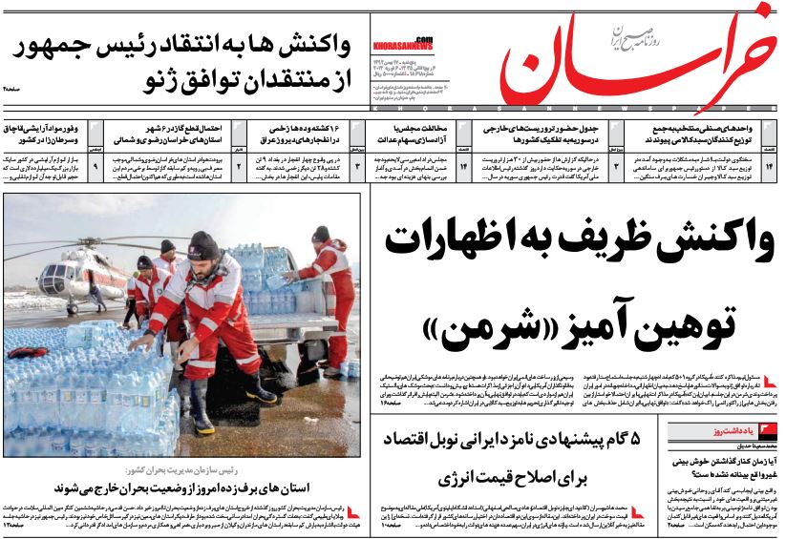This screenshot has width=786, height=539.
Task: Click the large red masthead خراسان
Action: tap(649, 59)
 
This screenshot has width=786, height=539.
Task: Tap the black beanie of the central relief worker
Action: tap(202, 246)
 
